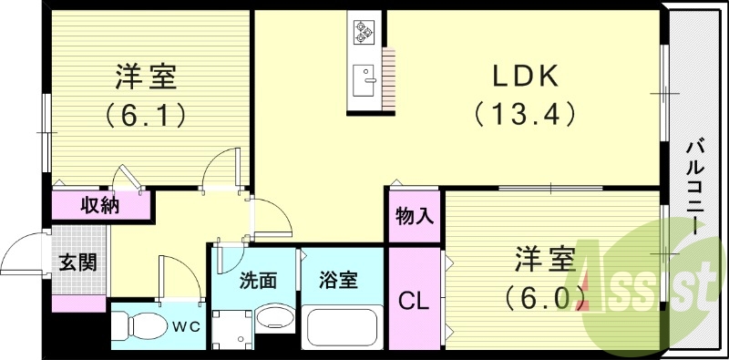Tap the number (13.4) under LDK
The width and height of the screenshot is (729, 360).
pos(525,114)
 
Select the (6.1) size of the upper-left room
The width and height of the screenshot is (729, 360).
pos(146,114)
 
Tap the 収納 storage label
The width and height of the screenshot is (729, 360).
pos(100,205)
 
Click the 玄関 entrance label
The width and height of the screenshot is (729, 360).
pos(78,263)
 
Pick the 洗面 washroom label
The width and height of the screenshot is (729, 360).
pos(258,281)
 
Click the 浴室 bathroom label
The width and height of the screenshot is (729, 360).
pos(338,281)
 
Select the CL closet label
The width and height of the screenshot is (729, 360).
pos(415,301)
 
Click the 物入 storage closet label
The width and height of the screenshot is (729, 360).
pos(415,217)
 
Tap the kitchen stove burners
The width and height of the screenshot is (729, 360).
pos(365,32)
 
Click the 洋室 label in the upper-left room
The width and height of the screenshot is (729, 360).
pos(146,77)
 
